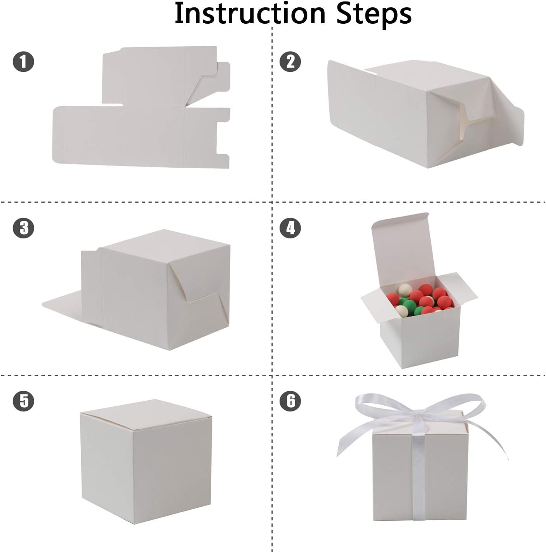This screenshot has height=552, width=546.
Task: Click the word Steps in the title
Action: click(x=374, y=14)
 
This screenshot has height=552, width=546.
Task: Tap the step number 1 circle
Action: click(x=23, y=62)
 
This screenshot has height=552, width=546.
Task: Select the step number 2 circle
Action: click(x=290, y=62)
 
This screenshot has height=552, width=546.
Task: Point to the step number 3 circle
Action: click(x=23, y=228)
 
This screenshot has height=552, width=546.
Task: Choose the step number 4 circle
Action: click(x=290, y=228)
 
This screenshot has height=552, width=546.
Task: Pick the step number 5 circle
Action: click(x=23, y=400)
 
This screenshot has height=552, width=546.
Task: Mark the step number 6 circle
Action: click(x=290, y=400)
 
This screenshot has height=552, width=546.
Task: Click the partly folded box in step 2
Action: click(x=408, y=116)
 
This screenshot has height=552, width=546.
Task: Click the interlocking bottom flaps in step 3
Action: click(x=198, y=295)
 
